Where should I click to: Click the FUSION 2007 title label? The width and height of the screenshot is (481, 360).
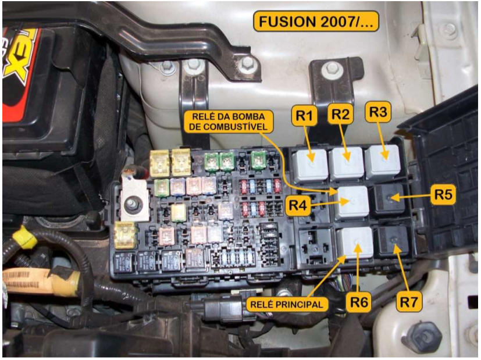316,22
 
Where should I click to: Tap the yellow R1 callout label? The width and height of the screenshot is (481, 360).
305,116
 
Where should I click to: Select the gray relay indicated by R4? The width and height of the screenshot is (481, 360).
351,201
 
